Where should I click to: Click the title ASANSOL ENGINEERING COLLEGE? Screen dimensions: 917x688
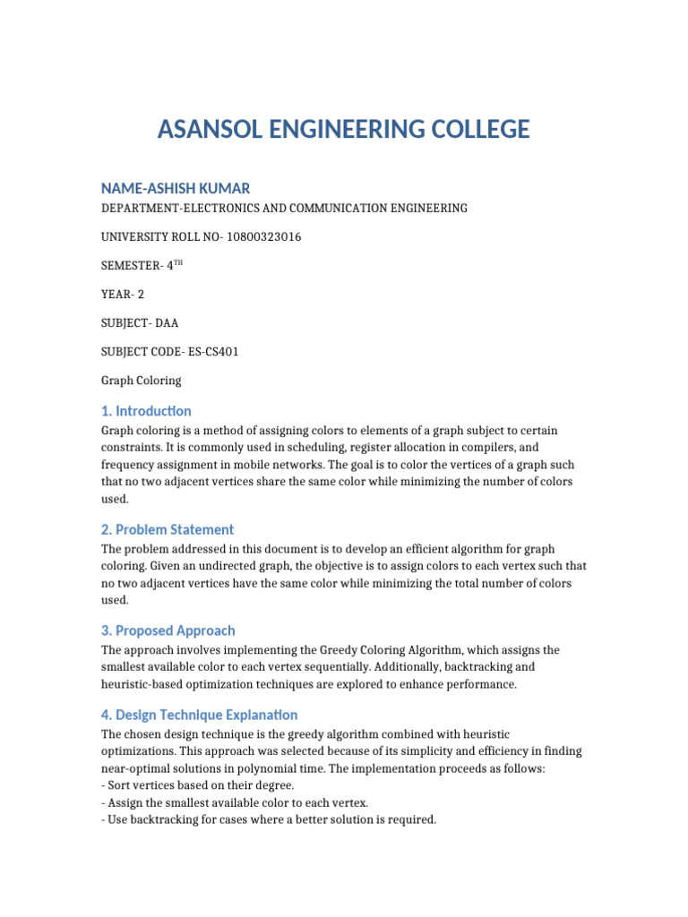tap(343, 130)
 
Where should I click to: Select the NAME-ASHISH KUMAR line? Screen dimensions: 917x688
tap(176, 188)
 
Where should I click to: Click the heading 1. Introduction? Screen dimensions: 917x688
tap(146, 411)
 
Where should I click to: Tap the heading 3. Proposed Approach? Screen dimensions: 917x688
tap(168, 630)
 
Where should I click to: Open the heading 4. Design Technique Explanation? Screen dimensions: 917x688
tap(199, 715)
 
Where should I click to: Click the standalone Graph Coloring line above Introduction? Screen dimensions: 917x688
tap(141, 381)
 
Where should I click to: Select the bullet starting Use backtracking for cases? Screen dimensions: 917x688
tap(269, 818)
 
